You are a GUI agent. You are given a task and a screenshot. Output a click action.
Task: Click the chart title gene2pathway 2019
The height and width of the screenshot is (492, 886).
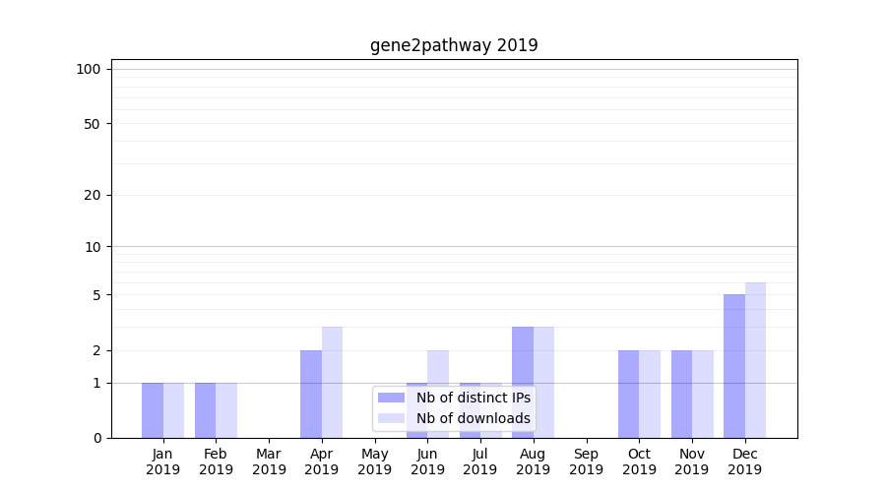point(454,45)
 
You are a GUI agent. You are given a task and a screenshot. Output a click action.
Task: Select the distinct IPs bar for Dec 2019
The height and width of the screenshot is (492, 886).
point(734,366)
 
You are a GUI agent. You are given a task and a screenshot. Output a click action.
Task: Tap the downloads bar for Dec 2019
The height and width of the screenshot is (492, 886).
point(755,360)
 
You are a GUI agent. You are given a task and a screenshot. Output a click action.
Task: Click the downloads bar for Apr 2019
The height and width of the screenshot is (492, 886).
point(332,382)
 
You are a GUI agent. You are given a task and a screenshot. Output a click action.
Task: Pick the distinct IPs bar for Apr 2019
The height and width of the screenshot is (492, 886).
point(311,394)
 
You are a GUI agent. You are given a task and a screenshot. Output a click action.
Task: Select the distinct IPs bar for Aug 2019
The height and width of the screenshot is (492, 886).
point(523,382)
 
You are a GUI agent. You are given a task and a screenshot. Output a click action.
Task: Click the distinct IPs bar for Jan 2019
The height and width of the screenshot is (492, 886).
point(153,410)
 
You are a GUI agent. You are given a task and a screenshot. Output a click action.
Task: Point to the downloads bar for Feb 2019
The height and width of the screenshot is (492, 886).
point(226,410)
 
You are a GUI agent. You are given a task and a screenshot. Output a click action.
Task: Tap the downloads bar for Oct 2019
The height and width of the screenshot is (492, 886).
point(650,394)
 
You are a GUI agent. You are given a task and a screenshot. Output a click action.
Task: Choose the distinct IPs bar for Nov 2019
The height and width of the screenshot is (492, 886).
point(681,394)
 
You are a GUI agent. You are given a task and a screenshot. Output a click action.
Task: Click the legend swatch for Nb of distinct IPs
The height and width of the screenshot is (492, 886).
point(392,398)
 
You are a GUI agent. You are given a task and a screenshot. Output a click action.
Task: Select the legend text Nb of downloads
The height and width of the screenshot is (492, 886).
point(474,418)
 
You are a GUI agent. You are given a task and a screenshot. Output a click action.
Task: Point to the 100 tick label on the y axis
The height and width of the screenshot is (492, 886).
point(89,69)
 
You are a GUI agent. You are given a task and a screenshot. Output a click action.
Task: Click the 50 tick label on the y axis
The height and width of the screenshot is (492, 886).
point(93,124)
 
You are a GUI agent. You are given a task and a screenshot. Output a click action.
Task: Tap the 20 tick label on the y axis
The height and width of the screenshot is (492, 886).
point(93,195)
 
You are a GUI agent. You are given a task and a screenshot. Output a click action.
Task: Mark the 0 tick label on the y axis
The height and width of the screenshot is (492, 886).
point(96,438)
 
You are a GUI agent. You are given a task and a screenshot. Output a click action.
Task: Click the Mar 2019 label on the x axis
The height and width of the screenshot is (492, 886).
point(269,461)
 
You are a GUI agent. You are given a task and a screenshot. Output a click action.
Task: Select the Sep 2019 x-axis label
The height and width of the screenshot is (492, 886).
point(586,461)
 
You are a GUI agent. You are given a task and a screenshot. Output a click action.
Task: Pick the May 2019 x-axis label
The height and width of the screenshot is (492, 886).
point(374,461)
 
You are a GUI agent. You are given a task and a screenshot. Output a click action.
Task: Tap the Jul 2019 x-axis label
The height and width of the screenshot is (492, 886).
point(480,461)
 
